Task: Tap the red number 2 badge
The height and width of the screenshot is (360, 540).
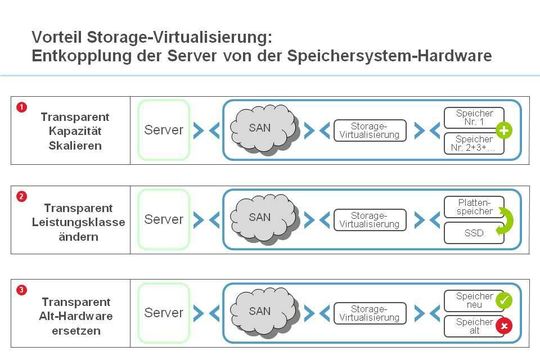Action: point(22,196)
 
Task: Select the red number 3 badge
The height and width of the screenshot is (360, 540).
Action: point(22,290)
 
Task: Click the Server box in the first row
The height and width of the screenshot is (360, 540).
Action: point(163,130)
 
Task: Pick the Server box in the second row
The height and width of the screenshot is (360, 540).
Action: point(163,219)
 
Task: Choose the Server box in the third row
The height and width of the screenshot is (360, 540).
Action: point(163,313)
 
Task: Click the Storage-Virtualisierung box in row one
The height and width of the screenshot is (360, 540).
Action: point(369,130)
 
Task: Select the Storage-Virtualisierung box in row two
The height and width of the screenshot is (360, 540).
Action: point(369,219)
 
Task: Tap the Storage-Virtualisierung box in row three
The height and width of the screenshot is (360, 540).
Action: point(369,313)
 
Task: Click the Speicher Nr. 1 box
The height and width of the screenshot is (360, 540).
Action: point(473,117)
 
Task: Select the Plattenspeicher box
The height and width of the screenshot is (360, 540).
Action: point(473,206)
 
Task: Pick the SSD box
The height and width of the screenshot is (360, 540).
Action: point(473,232)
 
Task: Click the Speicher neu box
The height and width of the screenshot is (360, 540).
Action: point(473,299)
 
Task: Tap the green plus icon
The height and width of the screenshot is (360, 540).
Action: point(504,130)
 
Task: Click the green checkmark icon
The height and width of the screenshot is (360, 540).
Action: point(504,300)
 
